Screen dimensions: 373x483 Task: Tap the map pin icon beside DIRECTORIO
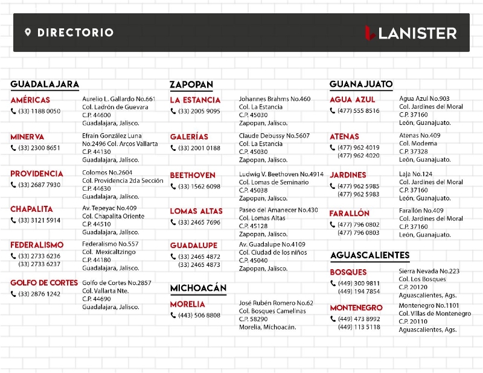(28, 33)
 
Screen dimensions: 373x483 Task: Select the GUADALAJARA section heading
(45, 84)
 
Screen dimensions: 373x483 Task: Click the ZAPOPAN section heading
(191, 85)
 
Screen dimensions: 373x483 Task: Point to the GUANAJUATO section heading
(361, 84)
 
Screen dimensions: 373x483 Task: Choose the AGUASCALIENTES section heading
(369, 255)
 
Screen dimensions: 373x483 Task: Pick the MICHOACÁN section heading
(198, 288)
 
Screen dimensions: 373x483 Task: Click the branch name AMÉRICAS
(30, 100)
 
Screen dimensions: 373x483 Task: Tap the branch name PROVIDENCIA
(37, 174)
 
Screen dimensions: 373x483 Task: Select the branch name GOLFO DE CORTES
(44, 283)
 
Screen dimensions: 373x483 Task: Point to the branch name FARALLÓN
(350, 214)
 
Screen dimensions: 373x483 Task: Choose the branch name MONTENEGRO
(356, 308)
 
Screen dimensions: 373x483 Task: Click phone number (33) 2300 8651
(39, 148)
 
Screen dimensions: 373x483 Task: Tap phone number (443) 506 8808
(199, 315)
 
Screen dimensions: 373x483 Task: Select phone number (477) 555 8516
(359, 110)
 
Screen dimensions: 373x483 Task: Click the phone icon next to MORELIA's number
(173, 315)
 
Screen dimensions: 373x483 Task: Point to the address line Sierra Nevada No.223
(429, 272)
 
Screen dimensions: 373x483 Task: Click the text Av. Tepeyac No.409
(109, 208)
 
